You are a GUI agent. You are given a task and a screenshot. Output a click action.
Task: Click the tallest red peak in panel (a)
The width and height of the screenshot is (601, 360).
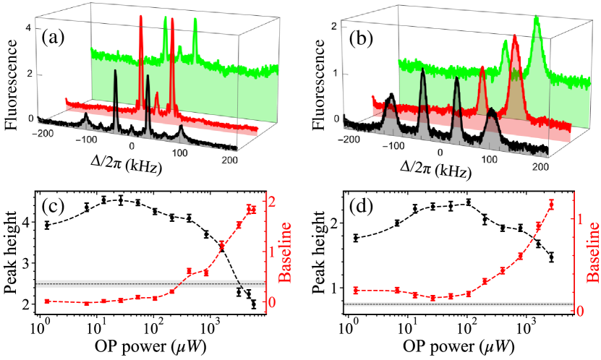click(x=141, y=17)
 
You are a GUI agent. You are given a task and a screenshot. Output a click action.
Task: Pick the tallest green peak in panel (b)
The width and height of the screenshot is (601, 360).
click(x=536, y=17)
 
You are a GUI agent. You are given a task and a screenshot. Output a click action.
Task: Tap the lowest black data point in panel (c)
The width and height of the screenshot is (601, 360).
click(x=254, y=304)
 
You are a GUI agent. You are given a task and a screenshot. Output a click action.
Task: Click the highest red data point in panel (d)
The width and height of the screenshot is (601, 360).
click(x=552, y=205)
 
